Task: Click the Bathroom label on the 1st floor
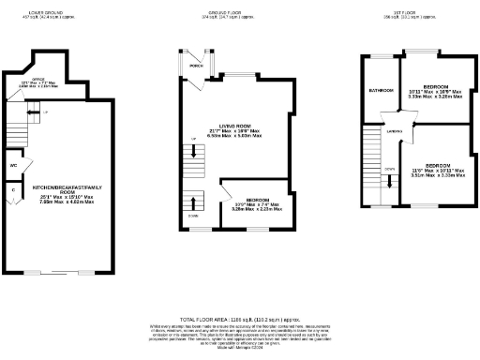[381, 90]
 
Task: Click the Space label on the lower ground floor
[39, 79]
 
